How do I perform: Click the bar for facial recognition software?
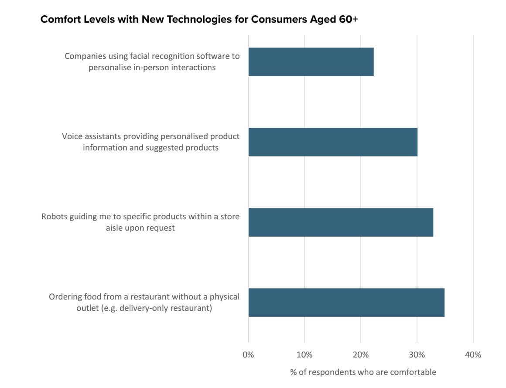311,62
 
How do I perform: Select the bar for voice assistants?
333,142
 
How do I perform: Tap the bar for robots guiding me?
341,222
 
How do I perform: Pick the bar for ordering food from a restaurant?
346,303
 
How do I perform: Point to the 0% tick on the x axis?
248,355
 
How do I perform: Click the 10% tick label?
304,355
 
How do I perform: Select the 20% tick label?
361,355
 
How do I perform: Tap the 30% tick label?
417,355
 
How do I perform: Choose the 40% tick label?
473,355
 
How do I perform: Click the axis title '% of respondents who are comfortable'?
363,372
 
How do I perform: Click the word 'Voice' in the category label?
72,136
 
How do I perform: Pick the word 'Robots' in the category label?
55,217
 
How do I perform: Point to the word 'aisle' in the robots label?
115,228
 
